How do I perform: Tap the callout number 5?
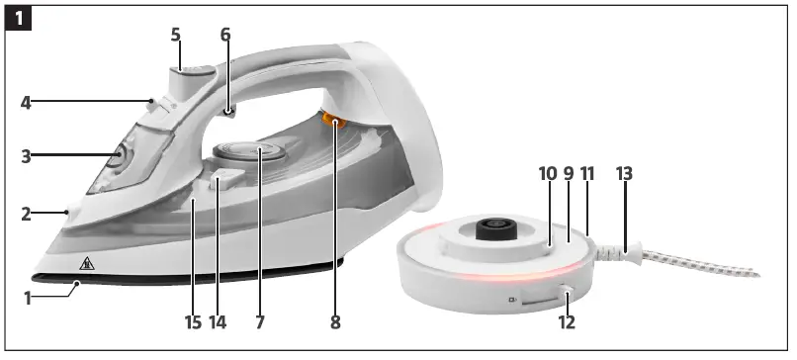click(x=175, y=34)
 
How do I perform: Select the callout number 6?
click(x=225, y=34)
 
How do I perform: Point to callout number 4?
click(x=27, y=101)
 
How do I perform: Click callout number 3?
click(x=27, y=155)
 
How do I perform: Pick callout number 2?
click(x=27, y=212)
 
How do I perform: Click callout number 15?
click(x=192, y=322)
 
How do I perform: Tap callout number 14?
click(x=219, y=322)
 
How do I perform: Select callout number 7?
click(x=259, y=322)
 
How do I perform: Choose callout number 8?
click(x=335, y=322)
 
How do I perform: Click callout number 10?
click(x=548, y=174)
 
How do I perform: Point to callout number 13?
click(x=623, y=174)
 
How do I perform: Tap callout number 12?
click(x=567, y=322)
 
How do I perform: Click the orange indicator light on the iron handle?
click(x=334, y=123)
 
